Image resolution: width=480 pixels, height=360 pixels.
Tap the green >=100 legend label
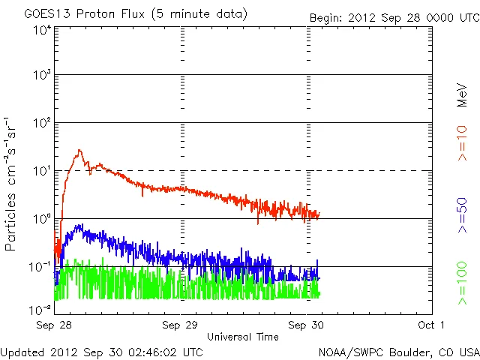click(x=462, y=283)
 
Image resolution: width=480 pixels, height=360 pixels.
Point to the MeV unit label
click(x=462, y=95)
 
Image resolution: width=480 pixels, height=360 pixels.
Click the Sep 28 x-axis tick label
click(x=55, y=325)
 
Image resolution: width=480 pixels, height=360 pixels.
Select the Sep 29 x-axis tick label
click(x=181, y=325)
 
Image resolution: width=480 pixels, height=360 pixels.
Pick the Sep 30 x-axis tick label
click(x=307, y=325)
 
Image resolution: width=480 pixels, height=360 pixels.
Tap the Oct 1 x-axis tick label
click(x=432, y=325)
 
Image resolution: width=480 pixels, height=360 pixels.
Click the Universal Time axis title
click(x=242, y=337)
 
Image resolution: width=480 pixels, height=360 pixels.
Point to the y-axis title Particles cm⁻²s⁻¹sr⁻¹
click(x=11, y=183)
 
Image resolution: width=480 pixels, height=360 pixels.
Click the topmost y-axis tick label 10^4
click(x=42, y=30)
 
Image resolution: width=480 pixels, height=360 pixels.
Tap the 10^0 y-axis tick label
click(x=42, y=219)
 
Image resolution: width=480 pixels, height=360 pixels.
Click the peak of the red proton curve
click(x=79, y=151)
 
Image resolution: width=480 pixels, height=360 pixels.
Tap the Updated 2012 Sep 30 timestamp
click(x=101, y=351)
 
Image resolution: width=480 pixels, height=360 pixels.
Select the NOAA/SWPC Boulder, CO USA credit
click(x=398, y=351)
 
